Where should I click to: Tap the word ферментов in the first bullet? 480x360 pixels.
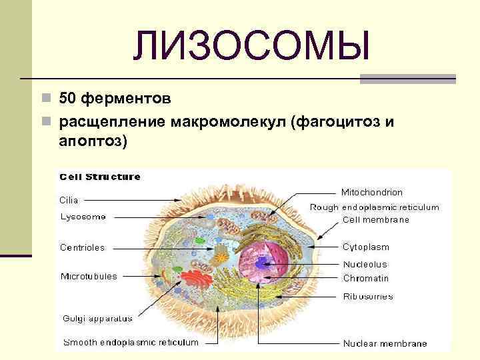coord(127,99)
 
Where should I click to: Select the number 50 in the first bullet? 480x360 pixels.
coord(67,99)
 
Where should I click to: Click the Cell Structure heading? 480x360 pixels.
coord(100,177)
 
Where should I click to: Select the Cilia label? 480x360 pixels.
coord(69,199)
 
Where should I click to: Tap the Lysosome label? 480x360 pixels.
coord(83,217)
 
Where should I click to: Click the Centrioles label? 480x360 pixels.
coord(82,247)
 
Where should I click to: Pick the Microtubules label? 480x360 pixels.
coord(89,276)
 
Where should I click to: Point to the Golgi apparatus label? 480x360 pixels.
coord(97,318)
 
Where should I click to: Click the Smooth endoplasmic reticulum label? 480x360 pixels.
coord(130,342)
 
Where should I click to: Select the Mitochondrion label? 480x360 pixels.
coord(371,192)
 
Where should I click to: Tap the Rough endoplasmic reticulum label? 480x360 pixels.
coord(374,207)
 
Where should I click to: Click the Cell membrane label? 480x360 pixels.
coord(375,219)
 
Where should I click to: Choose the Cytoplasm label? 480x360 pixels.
coord(365,247)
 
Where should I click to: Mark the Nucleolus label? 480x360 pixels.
coord(364,265)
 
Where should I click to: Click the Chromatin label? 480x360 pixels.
coord(365,278)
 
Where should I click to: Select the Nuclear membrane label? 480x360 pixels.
coord(385,343)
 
